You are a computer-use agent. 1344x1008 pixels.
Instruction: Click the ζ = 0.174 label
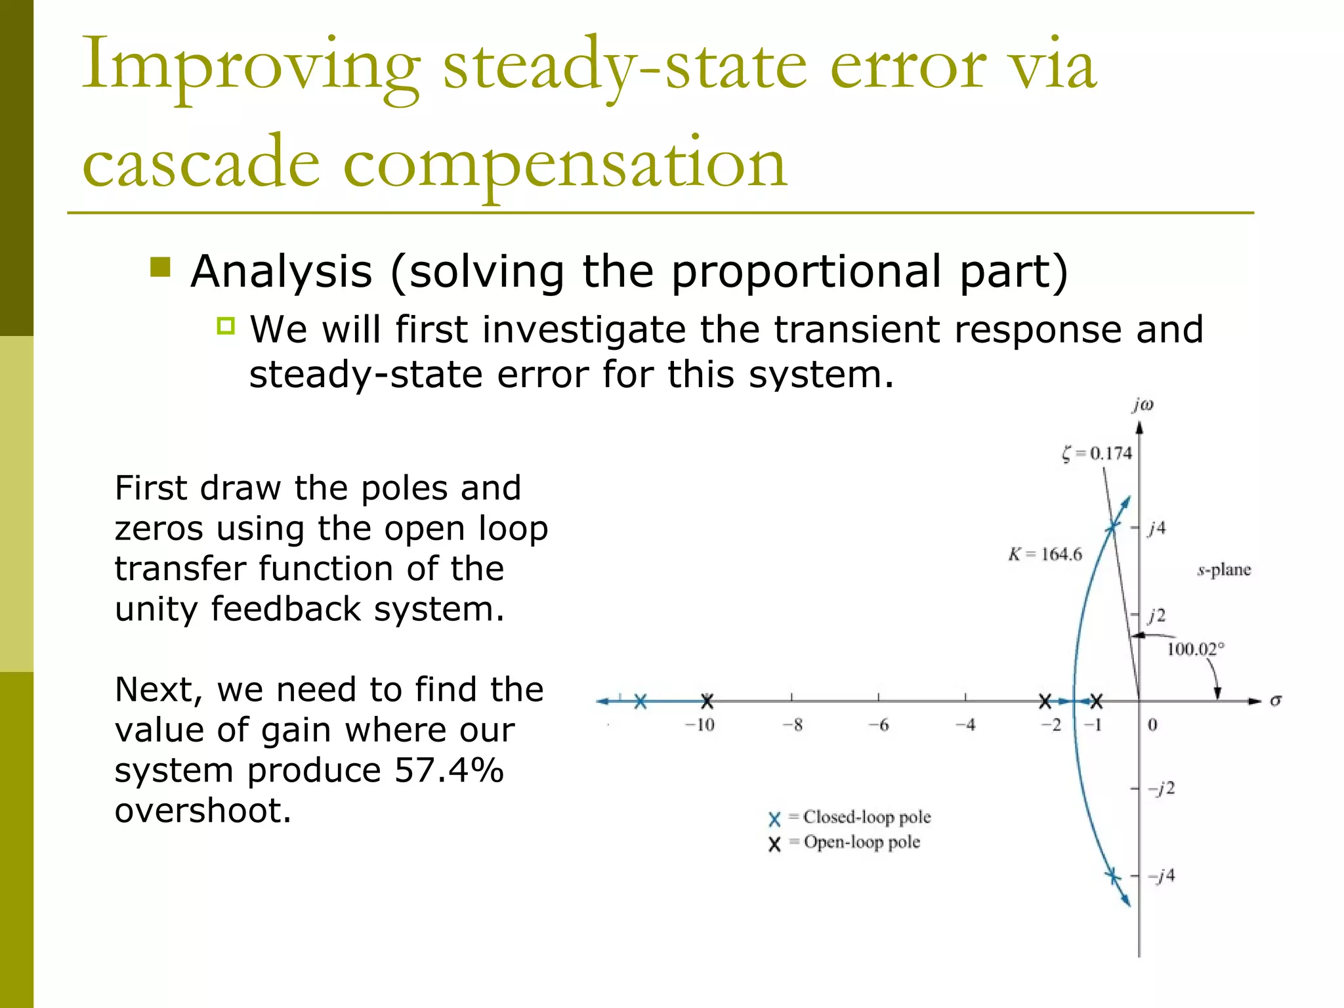point(1097,453)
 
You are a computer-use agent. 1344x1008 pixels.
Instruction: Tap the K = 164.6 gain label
point(1045,555)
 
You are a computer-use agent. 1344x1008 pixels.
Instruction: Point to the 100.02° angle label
point(1195,649)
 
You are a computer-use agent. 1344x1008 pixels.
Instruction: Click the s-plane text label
point(1224,570)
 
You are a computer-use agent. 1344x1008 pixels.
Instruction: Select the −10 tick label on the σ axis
point(700,725)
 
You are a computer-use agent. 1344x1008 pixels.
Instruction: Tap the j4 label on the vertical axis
point(1157,528)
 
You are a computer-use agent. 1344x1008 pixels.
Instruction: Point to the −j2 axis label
point(1161,788)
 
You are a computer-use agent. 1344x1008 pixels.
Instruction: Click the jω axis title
point(1143,405)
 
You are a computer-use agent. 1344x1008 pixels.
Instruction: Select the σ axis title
point(1275,700)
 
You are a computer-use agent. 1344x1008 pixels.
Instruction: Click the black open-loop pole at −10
point(707,701)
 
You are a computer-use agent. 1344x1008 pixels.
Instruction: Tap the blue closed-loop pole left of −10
point(640,701)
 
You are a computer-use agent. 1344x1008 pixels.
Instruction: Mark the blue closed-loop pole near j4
point(1112,527)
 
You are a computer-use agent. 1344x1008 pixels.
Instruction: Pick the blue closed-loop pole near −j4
point(1112,875)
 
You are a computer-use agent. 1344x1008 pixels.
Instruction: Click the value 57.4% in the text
point(449,770)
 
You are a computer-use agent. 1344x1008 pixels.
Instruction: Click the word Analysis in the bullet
point(282,271)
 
